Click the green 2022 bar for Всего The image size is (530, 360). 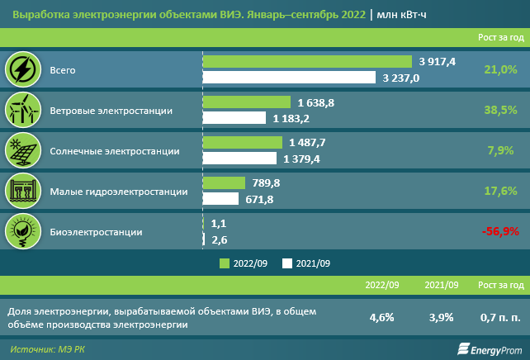pyautogui.click(x=307, y=62)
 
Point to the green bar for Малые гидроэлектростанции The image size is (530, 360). pyautogui.click(x=224, y=182)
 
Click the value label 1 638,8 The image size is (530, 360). pyautogui.click(x=316, y=102)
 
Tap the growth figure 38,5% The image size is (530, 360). pyautogui.click(x=499, y=110)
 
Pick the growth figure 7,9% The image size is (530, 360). pyautogui.click(x=501, y=150)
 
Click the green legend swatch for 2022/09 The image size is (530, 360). pyautogui.click(x=224, y=263)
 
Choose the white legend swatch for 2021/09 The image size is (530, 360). pyautogui.click(x=287, y=263)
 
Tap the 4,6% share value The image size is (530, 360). pyautogui.click(x=382, y=317)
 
